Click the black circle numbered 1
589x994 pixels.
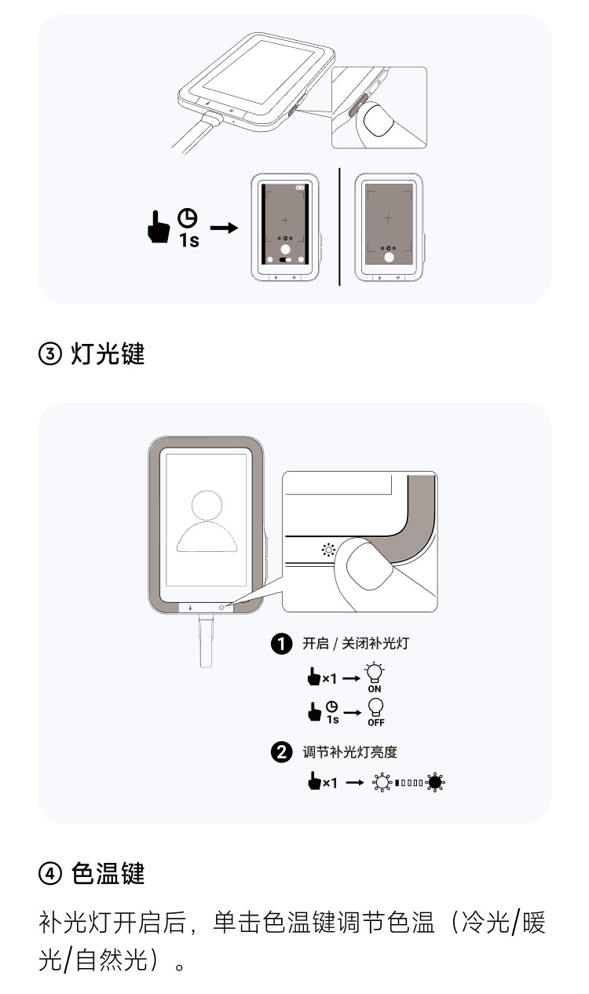280,644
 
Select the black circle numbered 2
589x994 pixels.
280,751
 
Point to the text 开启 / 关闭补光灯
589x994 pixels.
355,644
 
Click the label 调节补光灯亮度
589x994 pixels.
349,751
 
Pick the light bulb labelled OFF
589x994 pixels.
376,707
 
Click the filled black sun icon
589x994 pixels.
435,781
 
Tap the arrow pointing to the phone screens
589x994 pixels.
224,228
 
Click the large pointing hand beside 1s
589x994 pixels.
159,228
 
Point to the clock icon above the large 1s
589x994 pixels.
187,217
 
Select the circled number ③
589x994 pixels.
49,355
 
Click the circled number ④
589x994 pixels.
49,874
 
